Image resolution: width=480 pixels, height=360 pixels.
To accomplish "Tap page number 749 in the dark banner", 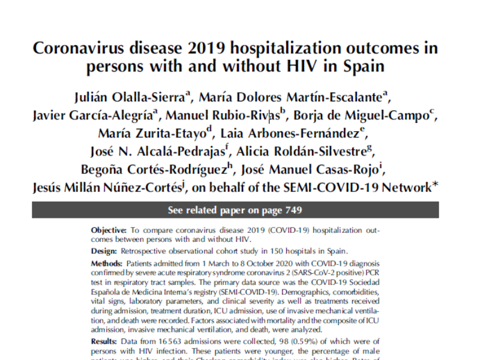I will (x=293, y=210).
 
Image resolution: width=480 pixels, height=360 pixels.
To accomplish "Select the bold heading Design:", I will (x=104, y=251).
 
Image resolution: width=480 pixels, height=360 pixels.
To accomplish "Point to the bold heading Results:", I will (x=106, y=342).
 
